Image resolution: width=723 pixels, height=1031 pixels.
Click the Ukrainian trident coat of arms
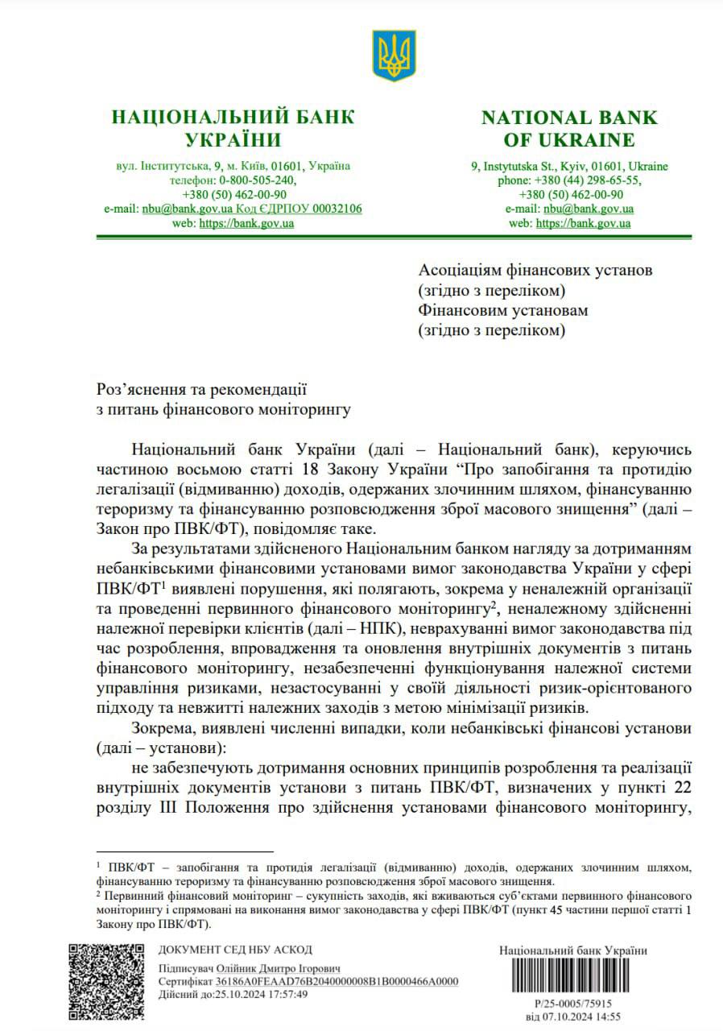(x=394, y=56)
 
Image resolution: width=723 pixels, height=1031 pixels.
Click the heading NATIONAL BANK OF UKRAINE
(x=569, y=128)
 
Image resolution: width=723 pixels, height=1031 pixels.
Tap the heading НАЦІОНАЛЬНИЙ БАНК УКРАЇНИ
(x=233, y=128)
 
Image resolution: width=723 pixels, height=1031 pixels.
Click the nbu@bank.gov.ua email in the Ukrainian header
(x=188, y=209)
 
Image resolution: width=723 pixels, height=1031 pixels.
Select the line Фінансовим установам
(x=503, y=310)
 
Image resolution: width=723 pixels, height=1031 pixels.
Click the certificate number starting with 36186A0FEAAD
(x=337, y=981)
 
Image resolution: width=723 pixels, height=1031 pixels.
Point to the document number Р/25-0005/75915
(x=573, y=1004)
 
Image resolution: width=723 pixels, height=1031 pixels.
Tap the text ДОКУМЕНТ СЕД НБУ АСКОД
(x=235, y=950)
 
